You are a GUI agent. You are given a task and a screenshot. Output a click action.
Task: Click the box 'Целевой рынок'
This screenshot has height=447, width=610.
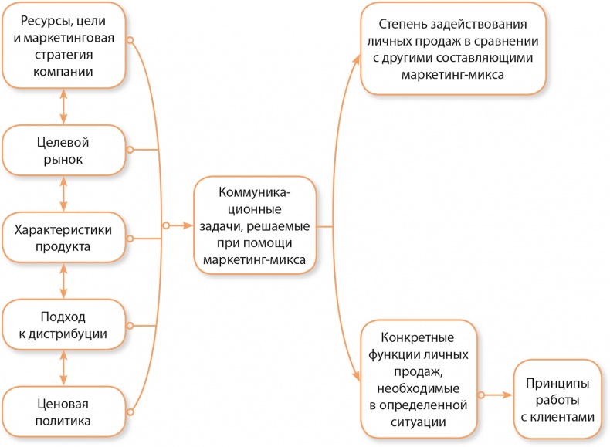[x=65, y=151]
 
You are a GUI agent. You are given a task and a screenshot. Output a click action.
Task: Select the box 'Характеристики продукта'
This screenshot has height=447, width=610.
[x=65, y=239]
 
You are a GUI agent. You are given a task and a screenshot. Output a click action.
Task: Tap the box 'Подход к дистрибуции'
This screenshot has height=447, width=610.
[x=65, y=325]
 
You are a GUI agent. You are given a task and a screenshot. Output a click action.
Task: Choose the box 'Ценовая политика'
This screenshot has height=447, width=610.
[x=65, y=413]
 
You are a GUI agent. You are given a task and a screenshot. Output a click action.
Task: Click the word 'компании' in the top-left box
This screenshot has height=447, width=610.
[x=64, y=72]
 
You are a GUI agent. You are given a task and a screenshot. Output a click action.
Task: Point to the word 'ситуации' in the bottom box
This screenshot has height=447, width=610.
[x=418, y=422]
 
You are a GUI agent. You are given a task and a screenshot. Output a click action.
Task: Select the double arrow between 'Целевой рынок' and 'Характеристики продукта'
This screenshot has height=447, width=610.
[x=64, y=195]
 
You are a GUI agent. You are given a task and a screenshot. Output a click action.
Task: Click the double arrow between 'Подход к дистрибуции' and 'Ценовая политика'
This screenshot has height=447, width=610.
[x=64, y=369]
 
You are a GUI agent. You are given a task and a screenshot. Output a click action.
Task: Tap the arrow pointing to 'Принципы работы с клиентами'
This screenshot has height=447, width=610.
[x=507, y=395]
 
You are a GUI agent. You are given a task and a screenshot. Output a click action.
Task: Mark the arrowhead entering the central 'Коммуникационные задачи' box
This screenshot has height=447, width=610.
[x=187, y=226]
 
